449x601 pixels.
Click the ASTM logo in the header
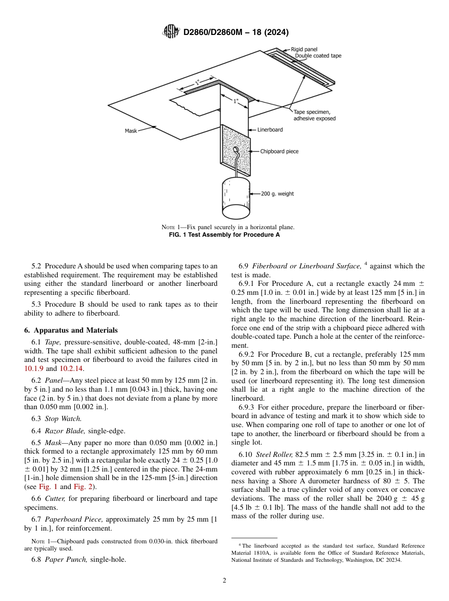(x=171, y=32)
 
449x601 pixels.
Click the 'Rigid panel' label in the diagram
(x=304, y=49)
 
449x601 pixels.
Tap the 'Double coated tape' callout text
(x=318, y=56)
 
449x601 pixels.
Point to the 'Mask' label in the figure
(x=131, y=131)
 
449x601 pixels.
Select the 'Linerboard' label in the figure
(x=270, y=129)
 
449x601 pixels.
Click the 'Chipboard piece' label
(x=279, y=152)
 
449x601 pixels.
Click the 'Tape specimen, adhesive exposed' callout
(x=314, y=115)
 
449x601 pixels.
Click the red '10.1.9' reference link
(x=34, y=369)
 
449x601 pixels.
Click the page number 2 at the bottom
(x=224, y=581)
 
